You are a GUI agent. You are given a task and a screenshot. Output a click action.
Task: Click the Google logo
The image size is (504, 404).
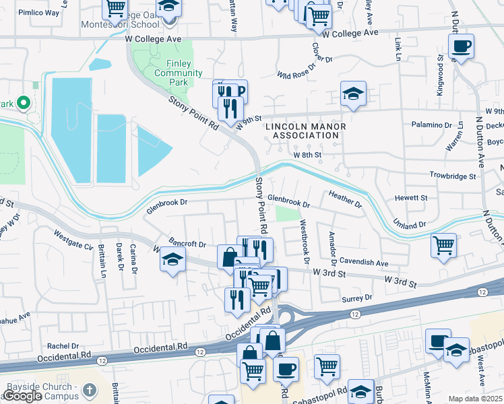22,396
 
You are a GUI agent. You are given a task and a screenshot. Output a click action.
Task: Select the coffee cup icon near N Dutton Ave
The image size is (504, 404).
461,46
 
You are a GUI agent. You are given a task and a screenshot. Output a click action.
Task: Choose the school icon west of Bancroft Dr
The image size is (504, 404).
172,259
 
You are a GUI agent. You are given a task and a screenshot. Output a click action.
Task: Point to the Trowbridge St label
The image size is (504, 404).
453,175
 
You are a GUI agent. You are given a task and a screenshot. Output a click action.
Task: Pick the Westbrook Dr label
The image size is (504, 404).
304,240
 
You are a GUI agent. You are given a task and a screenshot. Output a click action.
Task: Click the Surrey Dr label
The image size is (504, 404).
358,297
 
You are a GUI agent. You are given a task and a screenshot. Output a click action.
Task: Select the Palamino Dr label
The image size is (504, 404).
432,125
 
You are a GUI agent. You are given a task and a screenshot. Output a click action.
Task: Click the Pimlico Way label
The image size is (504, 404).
38,12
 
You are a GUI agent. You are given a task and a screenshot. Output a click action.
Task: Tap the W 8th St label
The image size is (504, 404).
309,154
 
